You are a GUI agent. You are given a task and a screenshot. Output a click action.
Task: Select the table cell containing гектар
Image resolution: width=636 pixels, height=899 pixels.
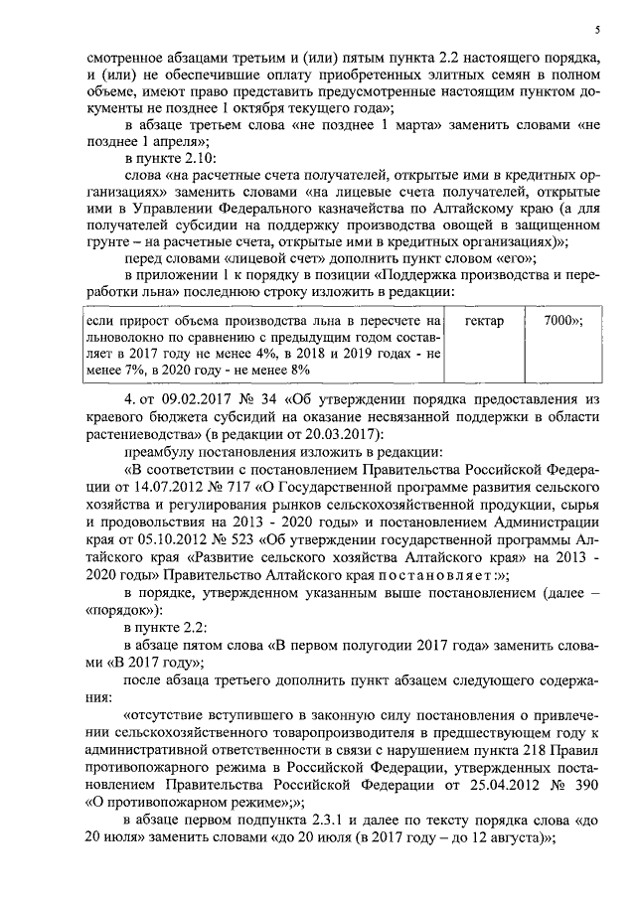tap(483, 322)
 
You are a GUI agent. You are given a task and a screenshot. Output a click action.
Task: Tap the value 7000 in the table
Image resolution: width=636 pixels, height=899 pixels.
tap(561, 322)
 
